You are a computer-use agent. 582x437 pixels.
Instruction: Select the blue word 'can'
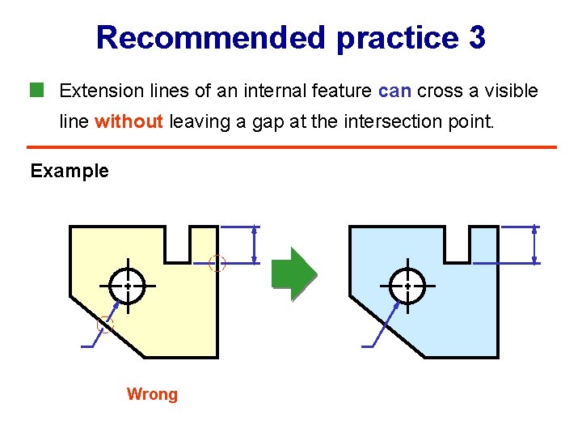(x=394, y=91)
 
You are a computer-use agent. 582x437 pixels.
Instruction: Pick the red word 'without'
(x=129, y=121)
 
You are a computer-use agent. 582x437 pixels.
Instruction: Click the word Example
(x=70, y=171)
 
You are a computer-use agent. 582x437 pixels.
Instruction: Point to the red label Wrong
(x=152, y=394)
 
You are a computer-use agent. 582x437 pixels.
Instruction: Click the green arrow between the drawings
(x=293, y=274)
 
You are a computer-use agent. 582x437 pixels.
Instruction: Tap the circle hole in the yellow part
(x=128, y=285)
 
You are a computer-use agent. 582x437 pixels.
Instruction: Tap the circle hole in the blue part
(x=407, y=285)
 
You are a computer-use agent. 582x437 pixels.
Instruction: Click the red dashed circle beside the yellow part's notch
(x=217, y=262)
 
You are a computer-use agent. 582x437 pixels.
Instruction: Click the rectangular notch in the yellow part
(x=178, y=243)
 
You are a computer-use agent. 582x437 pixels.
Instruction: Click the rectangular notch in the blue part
(x=458, y=243)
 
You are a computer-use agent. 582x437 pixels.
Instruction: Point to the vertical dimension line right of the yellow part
(x=255, y=244)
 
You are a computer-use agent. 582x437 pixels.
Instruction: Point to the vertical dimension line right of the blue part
(x=534, y=244)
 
